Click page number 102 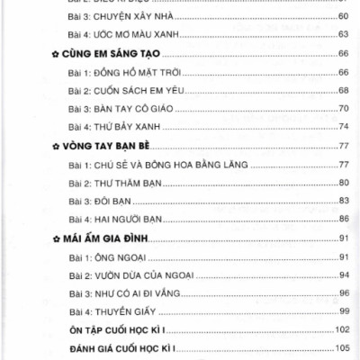click(340, 328)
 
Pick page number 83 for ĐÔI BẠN click(343, 201)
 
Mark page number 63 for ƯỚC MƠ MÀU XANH click(343, 33)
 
